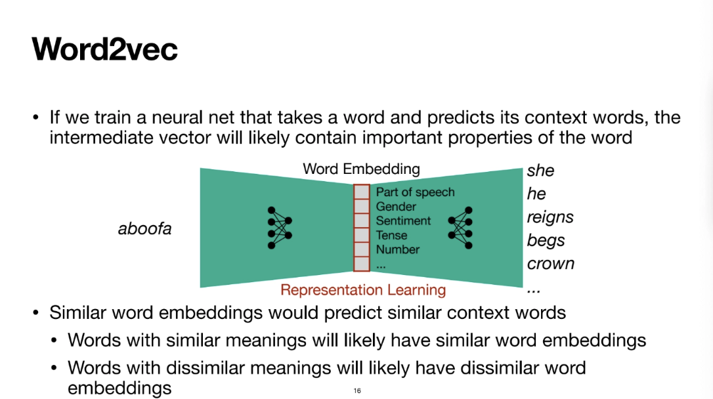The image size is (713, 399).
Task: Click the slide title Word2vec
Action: click(x=105, y=50)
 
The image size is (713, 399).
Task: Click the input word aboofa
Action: click(x=144, y=229)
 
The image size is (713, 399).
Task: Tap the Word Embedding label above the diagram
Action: click(x=361, y=169)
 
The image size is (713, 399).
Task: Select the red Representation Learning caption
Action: click(x=363, y=289)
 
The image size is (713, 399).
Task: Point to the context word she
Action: click(x=540, y=171)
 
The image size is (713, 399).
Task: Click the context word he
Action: click(x=536, y=194)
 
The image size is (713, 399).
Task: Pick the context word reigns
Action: click(x=550, y=217)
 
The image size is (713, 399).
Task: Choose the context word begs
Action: click(x=546, y=240)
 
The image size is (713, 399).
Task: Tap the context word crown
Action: click(x=550, y=263)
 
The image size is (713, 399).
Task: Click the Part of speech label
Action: click(x=415, y=192)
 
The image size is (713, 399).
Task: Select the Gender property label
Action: click(x=396, y=207)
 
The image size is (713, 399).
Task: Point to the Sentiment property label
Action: click(x=403, y=221)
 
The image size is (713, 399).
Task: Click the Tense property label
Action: click(x=391, y=236)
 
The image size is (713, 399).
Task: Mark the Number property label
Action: click(x=397, y=250)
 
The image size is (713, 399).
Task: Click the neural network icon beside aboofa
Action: click(x=279, y=228)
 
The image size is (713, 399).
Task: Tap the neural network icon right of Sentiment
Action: click(x=460, y=228)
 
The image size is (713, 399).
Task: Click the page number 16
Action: click(x=357, y=390)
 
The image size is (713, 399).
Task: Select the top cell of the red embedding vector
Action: click(x=361, y=192)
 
